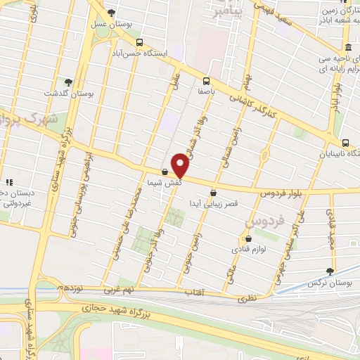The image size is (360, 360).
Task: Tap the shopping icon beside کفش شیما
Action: tap(165, 171)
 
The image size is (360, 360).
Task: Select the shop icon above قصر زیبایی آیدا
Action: tap(212, 193)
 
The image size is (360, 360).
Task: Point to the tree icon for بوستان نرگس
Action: tap(330, 271)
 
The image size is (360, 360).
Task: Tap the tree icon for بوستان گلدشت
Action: tap(67, 82)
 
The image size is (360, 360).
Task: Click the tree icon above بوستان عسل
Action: tap(111, 13)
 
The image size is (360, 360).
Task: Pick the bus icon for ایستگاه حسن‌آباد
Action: tap(139, 41)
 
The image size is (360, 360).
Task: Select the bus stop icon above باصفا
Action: tap(207, 80)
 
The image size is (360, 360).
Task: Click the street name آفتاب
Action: tap(194, 291)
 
